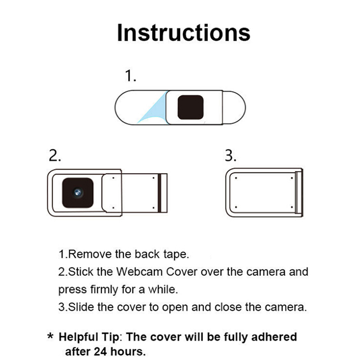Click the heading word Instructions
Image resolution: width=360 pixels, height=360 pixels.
(184, 33)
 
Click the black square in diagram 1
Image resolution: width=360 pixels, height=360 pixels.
(190, 108)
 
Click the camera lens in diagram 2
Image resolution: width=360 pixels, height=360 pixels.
(77, 193)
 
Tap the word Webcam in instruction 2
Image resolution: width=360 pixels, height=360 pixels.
(139, 272)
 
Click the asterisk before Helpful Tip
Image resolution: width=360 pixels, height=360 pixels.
(50, 337)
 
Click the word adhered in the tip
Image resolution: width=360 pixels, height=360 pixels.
(274, 337)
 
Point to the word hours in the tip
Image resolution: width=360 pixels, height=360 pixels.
(128, 351)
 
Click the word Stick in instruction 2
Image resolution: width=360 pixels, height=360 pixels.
(81, 272)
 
